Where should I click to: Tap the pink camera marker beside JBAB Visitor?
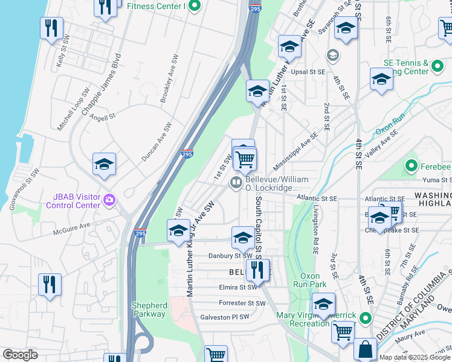109,199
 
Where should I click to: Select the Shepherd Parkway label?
149,310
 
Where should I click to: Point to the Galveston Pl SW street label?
224,317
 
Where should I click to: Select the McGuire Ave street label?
71,226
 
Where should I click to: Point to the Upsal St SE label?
308,72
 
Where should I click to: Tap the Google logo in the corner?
20,355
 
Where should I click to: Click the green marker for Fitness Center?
194,7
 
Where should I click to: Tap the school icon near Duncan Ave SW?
104,165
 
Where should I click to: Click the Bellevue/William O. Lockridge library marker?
236,183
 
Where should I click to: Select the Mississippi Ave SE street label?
295,151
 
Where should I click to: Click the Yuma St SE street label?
435,179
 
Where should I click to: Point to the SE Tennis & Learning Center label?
407,67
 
